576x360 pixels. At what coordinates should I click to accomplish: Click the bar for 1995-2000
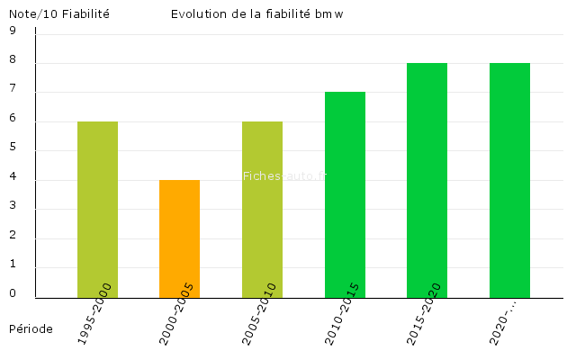97,209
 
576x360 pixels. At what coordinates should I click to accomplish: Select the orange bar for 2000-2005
179,238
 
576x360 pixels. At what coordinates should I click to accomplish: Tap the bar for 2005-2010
262,209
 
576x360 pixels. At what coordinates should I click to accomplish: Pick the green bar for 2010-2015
345,194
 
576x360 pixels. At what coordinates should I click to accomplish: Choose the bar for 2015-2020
427,180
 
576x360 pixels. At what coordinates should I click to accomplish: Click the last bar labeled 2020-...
509,180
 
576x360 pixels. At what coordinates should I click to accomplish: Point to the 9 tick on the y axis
13,31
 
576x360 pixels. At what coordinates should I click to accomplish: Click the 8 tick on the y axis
13,60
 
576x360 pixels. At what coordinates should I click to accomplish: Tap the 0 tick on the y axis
13,293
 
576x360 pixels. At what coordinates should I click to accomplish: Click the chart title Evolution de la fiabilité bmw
256,13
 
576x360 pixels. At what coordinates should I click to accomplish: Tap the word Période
31,328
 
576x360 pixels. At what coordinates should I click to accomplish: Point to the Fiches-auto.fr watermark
285,176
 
